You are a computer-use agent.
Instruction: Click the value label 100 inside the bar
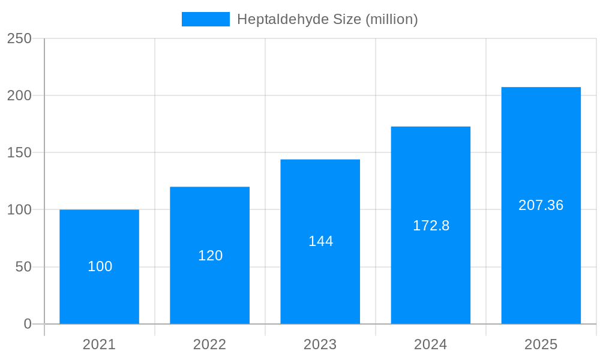click(x=100, y=266)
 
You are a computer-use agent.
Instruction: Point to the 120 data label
click(x=210, y=256)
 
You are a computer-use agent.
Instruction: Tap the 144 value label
click(x=320, y=241)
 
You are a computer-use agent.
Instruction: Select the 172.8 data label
click(x=431, y=226)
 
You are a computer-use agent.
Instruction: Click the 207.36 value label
click(x=541, y=205)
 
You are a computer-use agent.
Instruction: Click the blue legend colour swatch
click(x=205, y=19)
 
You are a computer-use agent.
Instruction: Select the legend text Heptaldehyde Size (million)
click(x=327, y=19)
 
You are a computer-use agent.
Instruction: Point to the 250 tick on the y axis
click(x=19, y=38)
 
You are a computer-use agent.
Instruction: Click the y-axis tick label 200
click(x=19, y=95)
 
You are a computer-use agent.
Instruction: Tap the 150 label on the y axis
click(x=19, y=152)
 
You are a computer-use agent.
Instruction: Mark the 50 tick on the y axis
click(x=23, y=267)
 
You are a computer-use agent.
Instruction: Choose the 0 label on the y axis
click(x=28, y=324)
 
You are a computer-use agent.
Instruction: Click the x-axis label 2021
click(x=99, y=344)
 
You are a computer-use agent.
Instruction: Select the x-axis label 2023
click(x=320, y=344)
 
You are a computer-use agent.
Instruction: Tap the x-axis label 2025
click(x=541, y=344)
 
